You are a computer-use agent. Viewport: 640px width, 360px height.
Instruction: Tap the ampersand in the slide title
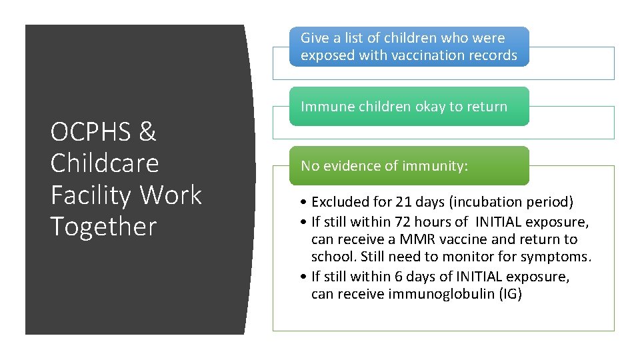147,133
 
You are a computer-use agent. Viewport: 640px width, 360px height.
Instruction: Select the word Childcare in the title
105,163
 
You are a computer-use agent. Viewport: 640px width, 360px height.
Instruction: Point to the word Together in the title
103,227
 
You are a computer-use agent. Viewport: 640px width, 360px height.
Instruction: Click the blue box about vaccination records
409,47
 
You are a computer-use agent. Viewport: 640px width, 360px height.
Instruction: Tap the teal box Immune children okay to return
409,107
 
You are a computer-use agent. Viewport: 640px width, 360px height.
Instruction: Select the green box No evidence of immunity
409,166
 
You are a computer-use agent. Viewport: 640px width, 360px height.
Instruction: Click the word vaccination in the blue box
427,55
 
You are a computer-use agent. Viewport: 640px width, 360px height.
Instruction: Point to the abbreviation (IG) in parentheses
510,294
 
